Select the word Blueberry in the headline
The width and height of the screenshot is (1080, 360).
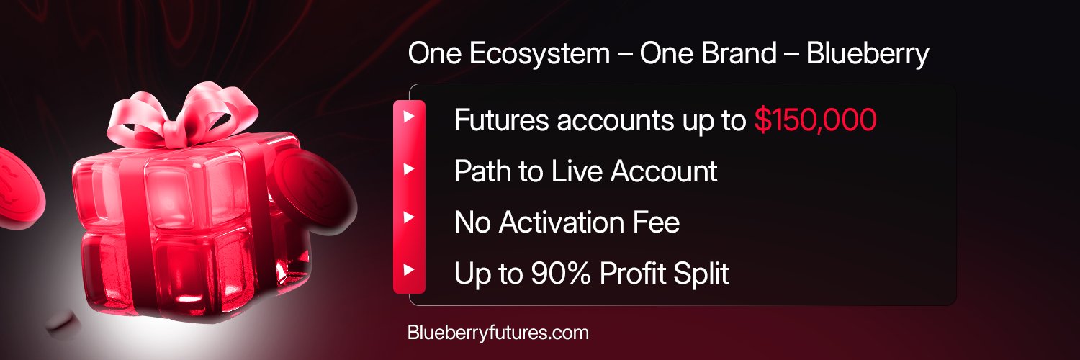868,55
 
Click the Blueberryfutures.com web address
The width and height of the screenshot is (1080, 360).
498,333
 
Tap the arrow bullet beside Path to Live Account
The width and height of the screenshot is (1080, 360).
409,170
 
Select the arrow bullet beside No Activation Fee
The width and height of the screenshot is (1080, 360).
409,217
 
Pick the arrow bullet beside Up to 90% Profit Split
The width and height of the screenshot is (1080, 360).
409,271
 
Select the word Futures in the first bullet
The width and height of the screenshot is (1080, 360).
501,121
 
